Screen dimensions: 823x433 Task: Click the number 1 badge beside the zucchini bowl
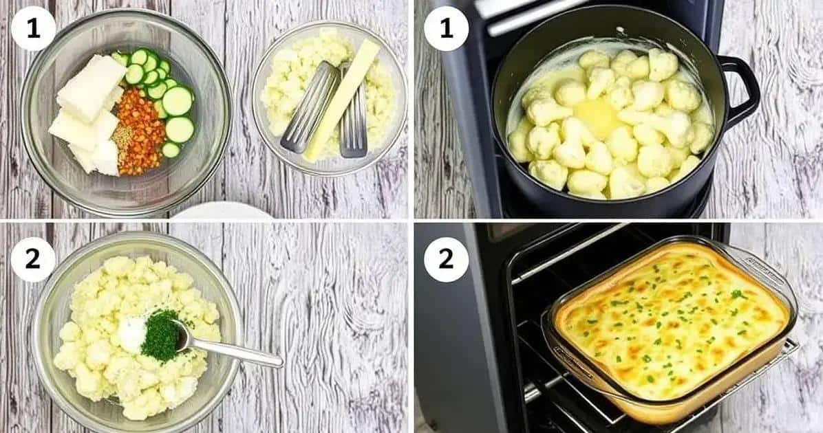(x=33, y=28)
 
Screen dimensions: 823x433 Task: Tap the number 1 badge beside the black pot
(x=446, y=28)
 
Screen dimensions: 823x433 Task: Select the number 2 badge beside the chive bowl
(x=33, y=260)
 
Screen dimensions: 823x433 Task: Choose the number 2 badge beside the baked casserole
(x=446, y=260)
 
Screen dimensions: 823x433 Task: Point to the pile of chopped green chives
(x=161, y=335)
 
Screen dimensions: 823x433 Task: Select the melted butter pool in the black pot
(x=599, y=118)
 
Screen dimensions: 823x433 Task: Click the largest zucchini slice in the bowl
(x=178, y=100)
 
